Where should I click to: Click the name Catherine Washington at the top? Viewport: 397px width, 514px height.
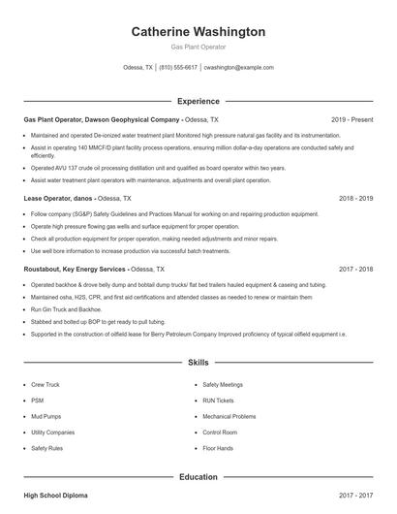click(x=198, y=32)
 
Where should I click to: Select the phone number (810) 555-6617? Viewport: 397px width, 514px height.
click(x=178, y=68)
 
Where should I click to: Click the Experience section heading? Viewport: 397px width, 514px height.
click(x=198, y=101)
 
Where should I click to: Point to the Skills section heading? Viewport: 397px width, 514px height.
click(x=198, y=363)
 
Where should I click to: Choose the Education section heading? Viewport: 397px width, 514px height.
click(x=198, y=477)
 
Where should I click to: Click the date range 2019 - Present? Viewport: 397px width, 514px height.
click(x=351, y=119)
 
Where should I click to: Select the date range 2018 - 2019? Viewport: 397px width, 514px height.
click(x=356, y=198)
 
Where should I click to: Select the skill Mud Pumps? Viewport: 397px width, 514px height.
click(x=47, y=417)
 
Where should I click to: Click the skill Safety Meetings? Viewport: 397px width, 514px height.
click(x=223, y=385)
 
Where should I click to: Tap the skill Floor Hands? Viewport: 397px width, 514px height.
click(x=218, y=449)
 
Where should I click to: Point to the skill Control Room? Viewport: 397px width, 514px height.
click(x=221, y=433)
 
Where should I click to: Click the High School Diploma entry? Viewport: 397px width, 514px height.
click(x=55, y=496)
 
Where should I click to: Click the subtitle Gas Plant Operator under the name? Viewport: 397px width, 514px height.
click(x=198, y=47)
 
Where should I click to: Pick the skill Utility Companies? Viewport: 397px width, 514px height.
click(x=52, y=433)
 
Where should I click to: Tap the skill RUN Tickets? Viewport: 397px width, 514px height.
click(x=218, y=401)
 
